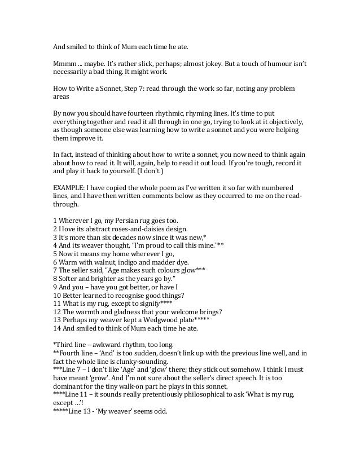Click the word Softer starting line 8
[x=69, y=274]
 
